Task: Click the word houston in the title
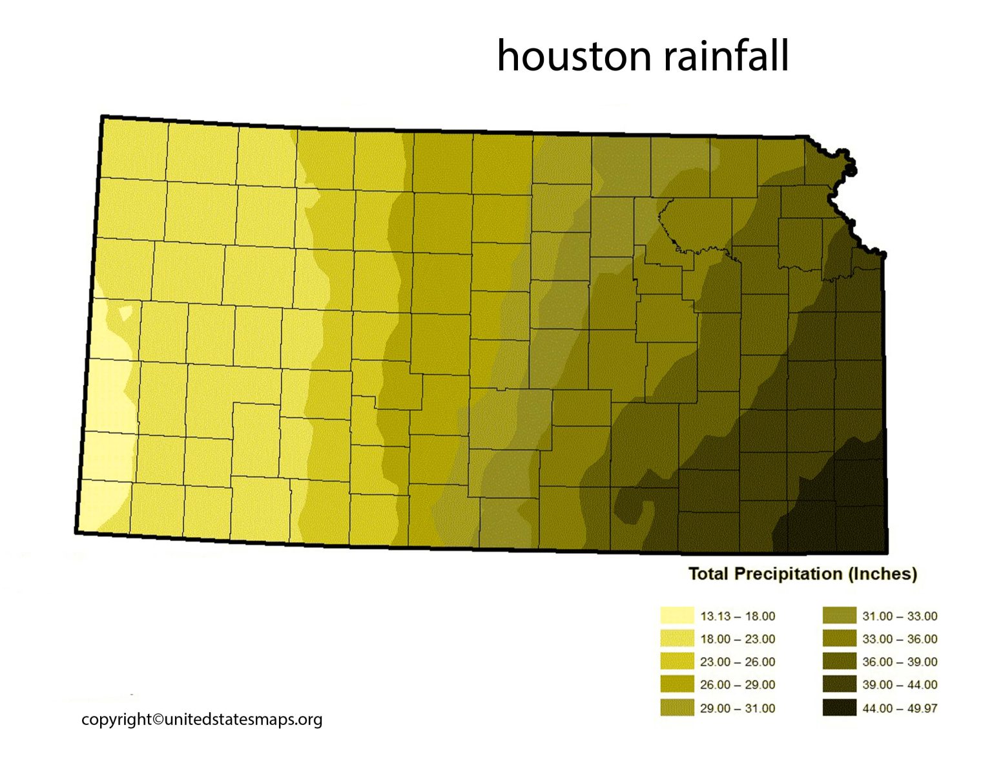573,56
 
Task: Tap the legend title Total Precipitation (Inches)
802,574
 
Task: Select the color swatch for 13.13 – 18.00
677,616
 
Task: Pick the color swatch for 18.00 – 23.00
677,638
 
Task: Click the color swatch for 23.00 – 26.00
677,662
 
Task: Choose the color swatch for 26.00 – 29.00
677,684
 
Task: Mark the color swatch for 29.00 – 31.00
677,708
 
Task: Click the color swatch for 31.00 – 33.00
839,616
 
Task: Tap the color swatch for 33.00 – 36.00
839,638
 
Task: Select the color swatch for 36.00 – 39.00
839,662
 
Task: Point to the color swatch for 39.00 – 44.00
839,684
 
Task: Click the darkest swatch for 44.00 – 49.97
839,708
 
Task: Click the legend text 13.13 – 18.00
738,616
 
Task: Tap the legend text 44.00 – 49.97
900,708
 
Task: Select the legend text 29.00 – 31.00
738,708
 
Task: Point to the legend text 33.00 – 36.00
900,639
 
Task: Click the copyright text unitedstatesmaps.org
201,719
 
